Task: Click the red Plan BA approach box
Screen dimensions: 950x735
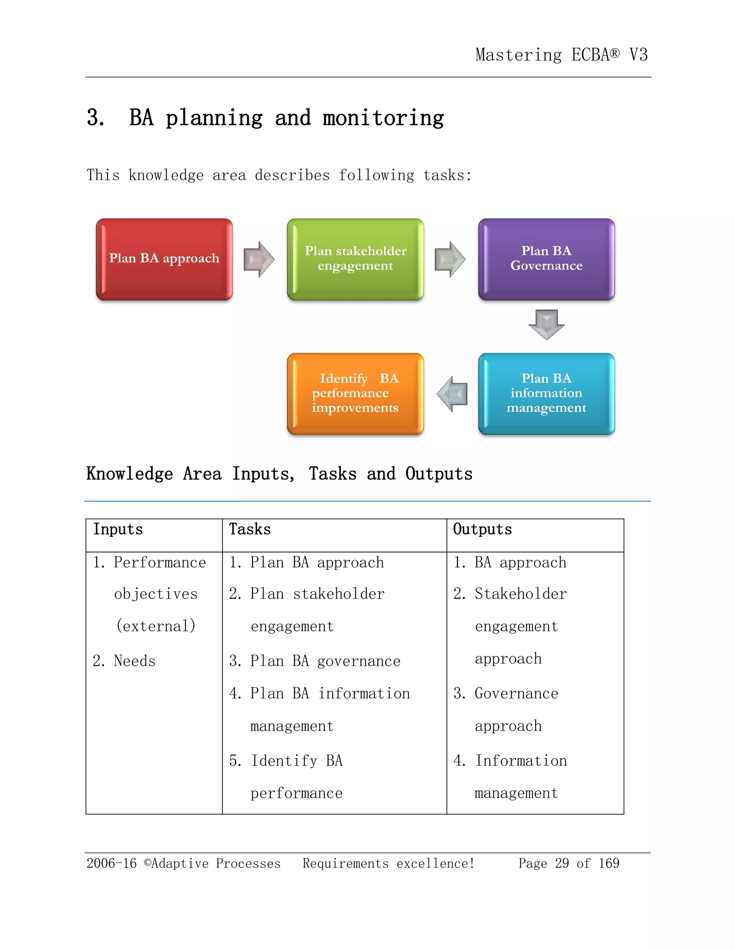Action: [x=164, y=259]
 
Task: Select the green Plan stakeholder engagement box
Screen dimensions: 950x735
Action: [x=355, y=259]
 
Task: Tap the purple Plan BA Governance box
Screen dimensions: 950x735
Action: [x=547, y=259]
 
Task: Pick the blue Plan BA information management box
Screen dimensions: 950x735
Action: [x=547, y=394]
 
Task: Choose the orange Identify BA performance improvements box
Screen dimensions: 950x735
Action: [x=355, y=394]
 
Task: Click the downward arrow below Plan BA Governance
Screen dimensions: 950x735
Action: [x=547, y=324]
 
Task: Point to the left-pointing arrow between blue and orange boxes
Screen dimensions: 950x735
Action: [x=453, y=394]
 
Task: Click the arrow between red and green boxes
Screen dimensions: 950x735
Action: [x=259, y=259]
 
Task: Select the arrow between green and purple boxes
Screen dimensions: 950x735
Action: [x=450, y=259]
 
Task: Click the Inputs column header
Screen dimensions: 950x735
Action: [x=118, y=529]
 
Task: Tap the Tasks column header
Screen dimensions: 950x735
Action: [x=250, y=529]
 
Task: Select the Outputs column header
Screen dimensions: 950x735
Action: [x=482, y=529]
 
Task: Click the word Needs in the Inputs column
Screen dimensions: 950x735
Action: [x=135, y=661]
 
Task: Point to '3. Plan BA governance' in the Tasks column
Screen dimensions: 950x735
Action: [x=315, y=661]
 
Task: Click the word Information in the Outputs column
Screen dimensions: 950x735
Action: [x=521, y=761]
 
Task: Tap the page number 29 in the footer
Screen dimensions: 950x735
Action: [x=562, y=863]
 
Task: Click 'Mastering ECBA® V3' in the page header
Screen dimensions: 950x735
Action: [x=561, y=55]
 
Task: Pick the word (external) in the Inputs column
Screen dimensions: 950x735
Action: [x=156, y=626]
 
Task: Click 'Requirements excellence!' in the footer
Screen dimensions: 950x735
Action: [x=388, y=863]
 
